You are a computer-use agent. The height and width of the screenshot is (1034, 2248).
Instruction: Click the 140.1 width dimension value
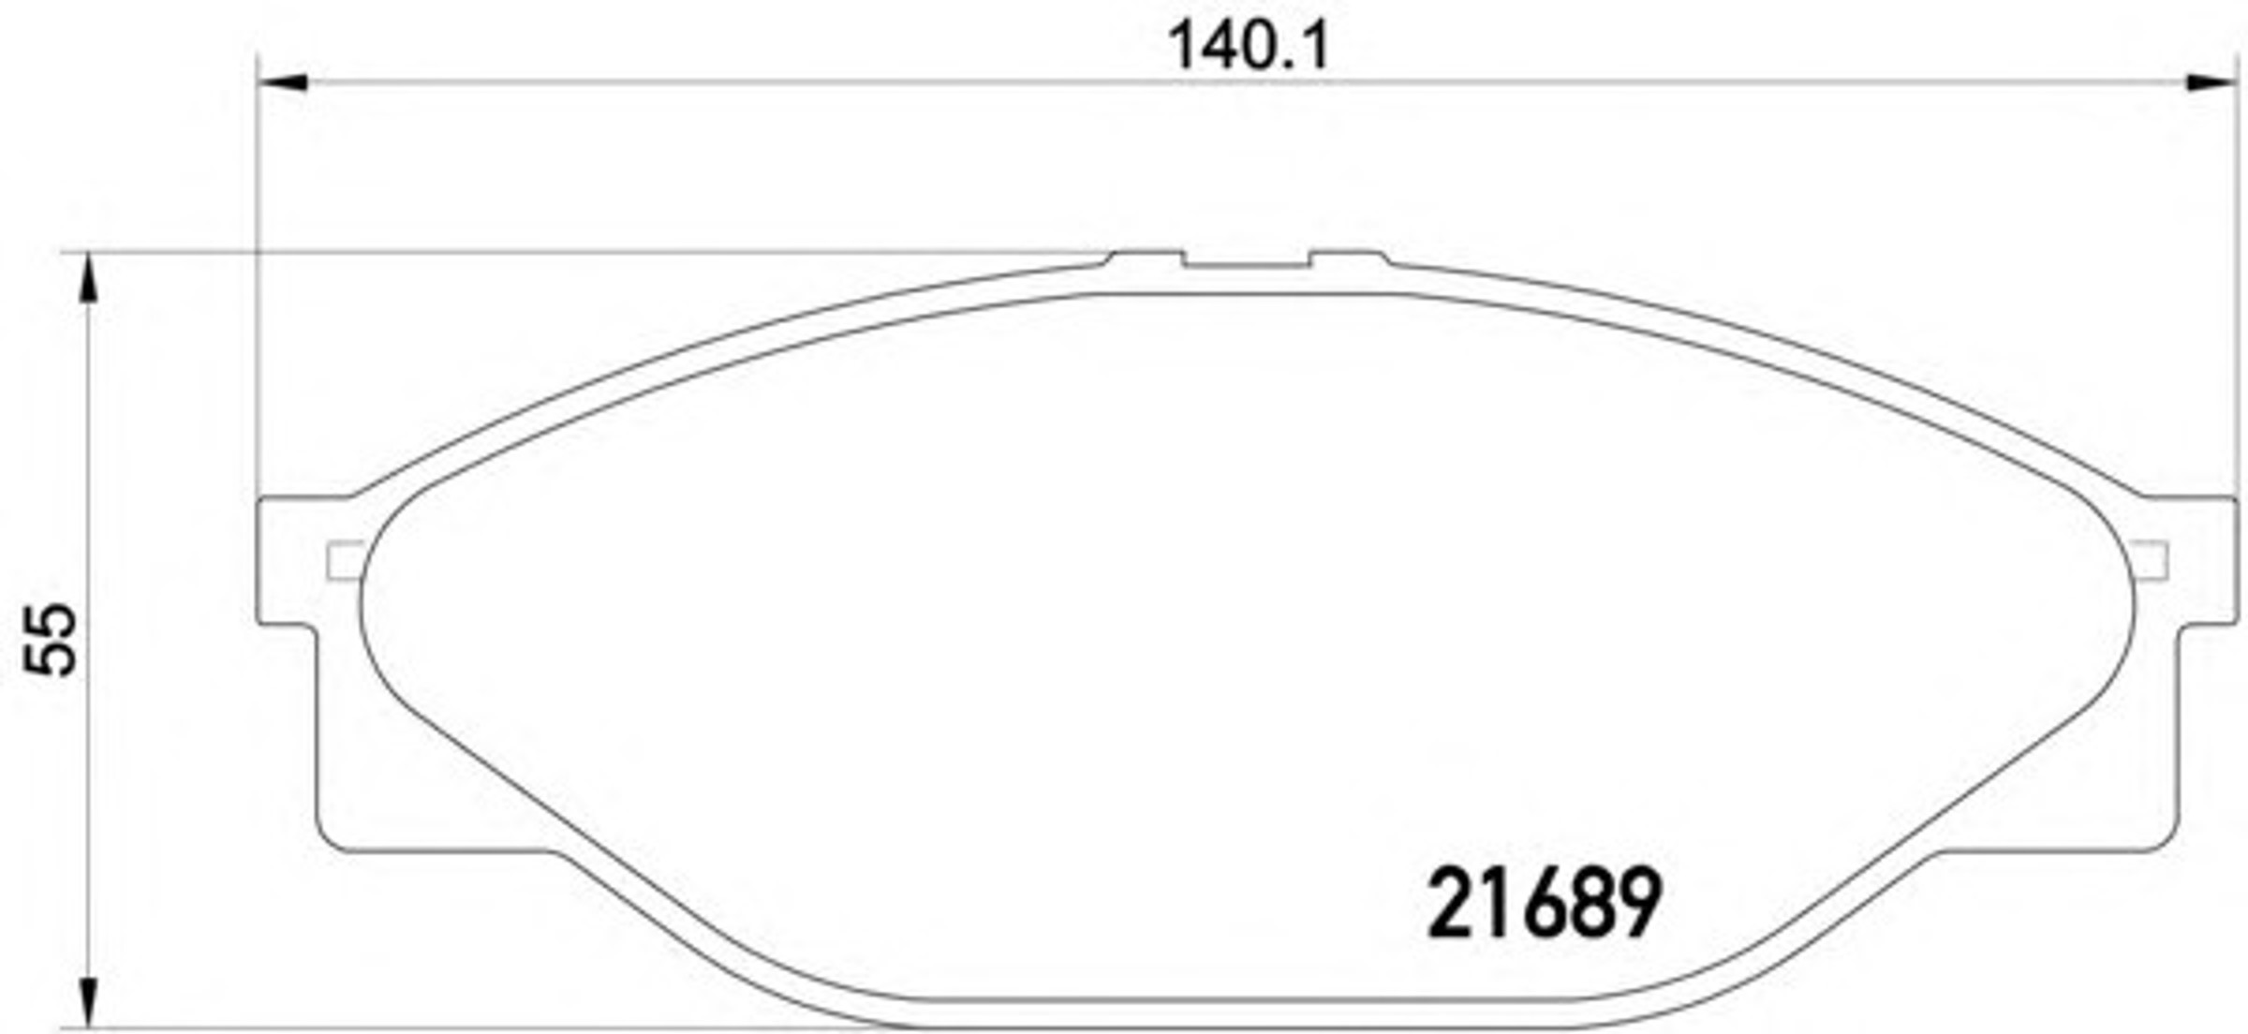[x=1249, y=46]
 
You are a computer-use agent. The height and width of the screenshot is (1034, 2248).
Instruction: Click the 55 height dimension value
[x=52, y=640]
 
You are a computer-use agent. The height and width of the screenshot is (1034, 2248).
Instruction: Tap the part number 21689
[x=1544, y=902]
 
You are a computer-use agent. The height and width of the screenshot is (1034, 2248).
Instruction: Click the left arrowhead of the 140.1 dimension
[x=282, y=82]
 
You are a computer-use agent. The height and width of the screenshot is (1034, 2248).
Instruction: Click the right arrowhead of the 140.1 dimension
[x=2211, y=82]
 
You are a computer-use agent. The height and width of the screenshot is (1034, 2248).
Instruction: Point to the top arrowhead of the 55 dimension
[x=87, y=278]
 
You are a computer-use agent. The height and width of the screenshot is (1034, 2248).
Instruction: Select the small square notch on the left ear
[x=344, y=560]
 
